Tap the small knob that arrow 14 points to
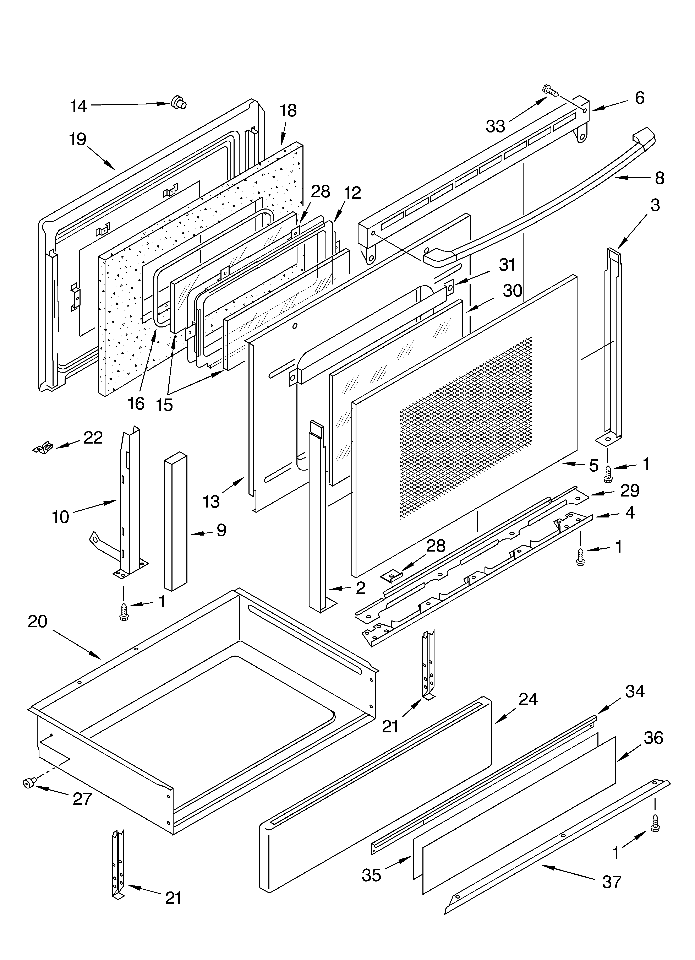pyautogui.click(x=179, y=103)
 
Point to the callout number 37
pyautogui.click(x=612, y=882)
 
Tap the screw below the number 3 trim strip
pyautogui.click(x=608, y=472)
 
